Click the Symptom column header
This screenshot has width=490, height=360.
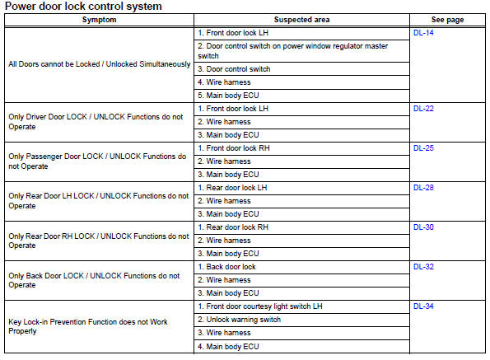pyautogui.click(x=99, y=19)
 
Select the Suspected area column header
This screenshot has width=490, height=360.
pyautogui.click(x=301, y=19)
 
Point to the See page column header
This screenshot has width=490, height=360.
pyautogui.click(x=449, y=19)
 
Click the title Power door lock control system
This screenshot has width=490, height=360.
pyautogui.click(x=95, y=7)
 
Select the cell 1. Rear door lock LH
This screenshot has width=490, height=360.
pyautogui.click(x=233, y=188)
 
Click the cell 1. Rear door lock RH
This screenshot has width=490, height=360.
pyautogui.click(x=234, y=227)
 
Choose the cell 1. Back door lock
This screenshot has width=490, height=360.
pyautogui.click(x=227, y=267)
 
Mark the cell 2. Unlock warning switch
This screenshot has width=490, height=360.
pyautogui.click(x=240, y=320)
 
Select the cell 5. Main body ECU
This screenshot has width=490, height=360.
pyautogui.click(x=229, y=96)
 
